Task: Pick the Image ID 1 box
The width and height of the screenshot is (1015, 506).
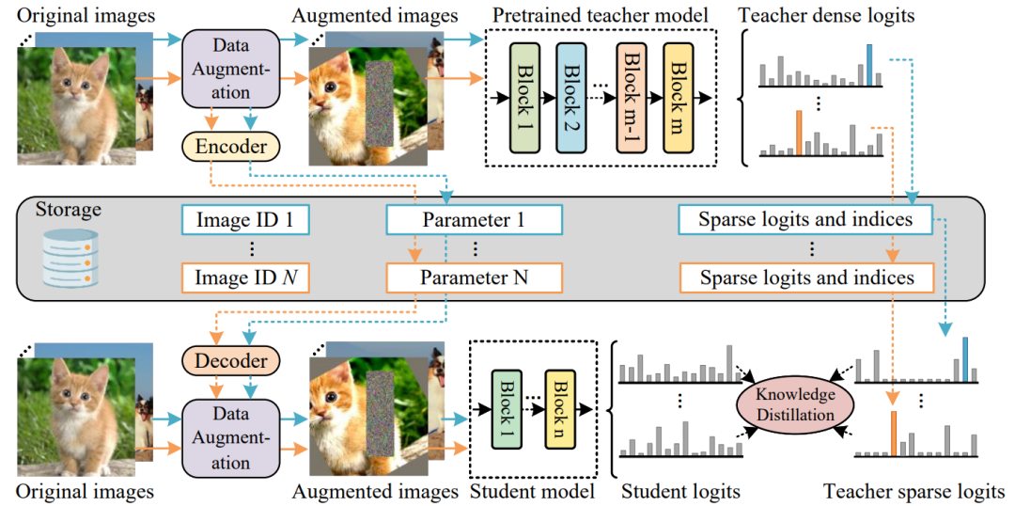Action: pyautogui.click(x=245, y=220)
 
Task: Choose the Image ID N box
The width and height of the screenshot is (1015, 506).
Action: pyautogui.click(x=245, y=278)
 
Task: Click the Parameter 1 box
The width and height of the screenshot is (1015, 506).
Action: pyautogui.click(x=475, y=220)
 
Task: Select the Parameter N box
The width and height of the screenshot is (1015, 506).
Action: pyautogui.click(x=475, y=278)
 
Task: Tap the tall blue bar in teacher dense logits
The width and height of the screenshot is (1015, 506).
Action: pyautogui.click(x=869, y=65)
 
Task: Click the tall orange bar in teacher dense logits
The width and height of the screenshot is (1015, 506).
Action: pyautogui.click(x=799, y=133)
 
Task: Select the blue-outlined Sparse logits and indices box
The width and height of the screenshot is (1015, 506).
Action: pyautogui.click(x=806, y=220)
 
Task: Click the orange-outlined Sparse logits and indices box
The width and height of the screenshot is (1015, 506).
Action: pyautogui.click(x=806, y=278)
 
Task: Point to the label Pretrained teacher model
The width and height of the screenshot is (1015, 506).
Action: pyautogui.click(x=600, y=13)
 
